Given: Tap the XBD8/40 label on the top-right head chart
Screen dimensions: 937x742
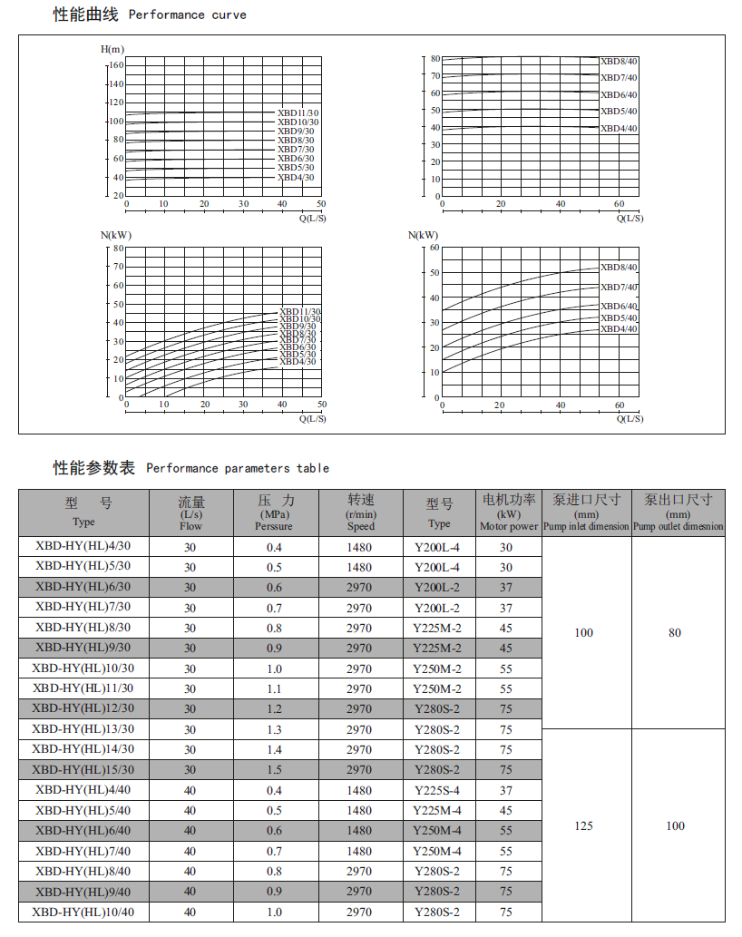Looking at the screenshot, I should pos(619,61).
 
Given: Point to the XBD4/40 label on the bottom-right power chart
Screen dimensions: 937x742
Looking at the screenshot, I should pos(619,328).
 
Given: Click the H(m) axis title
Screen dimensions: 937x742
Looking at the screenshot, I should pos(112,49).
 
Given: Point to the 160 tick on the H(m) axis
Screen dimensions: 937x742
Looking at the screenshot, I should pos(115,65).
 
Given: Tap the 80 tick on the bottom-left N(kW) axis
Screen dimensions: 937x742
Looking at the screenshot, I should pos(118,248).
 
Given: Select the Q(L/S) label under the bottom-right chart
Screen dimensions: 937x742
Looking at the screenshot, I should pos(630,418).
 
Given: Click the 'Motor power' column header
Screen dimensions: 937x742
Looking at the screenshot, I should pos(509,512).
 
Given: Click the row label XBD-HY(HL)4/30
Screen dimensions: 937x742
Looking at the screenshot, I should pos(83,546).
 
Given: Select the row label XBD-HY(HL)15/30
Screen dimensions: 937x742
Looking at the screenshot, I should pos(83,769).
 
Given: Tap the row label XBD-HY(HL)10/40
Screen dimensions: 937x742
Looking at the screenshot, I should pos(83,912).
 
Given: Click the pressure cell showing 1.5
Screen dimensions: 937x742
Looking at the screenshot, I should pos(274,769).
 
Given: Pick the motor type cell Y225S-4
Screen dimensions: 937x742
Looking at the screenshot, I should pos(437,790).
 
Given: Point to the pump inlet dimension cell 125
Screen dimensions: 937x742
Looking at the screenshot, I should pos(584,825).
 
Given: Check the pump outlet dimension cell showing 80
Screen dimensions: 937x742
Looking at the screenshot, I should pos(675,632).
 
